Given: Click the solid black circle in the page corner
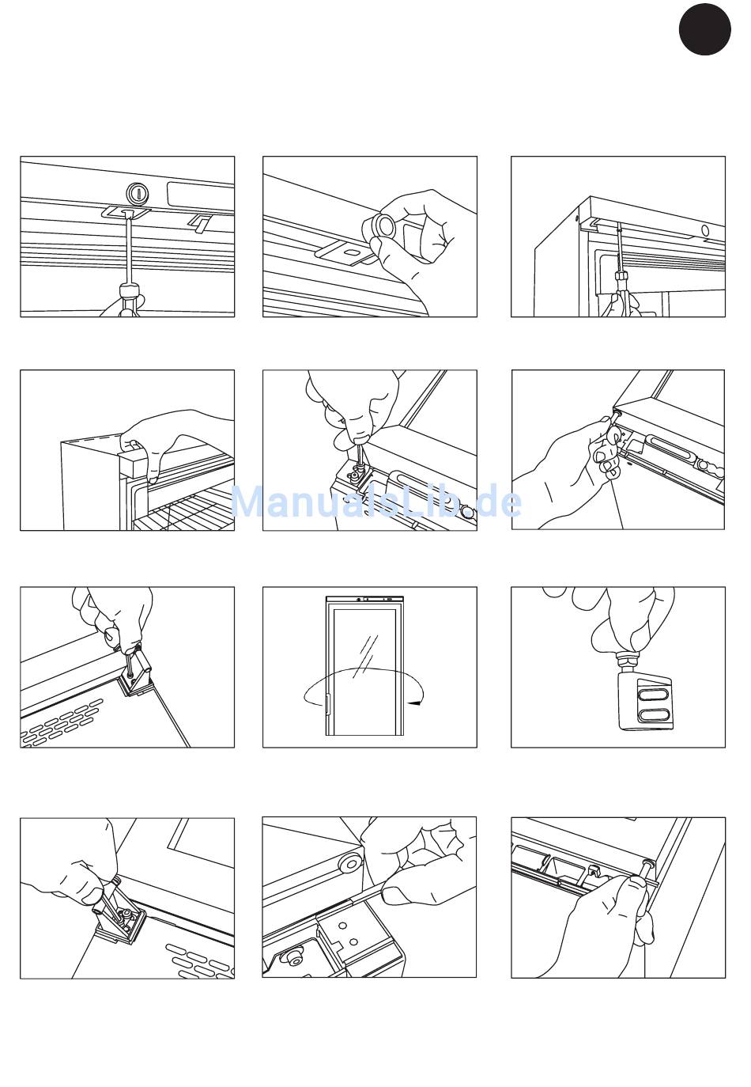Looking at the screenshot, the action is coord(704,29).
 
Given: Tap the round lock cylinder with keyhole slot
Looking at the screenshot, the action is coord(138,194).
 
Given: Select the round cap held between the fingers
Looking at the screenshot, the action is coord(379,226).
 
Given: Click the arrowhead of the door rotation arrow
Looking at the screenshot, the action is coord(414,703).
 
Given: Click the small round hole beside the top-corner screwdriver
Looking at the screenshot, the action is coord(705,230).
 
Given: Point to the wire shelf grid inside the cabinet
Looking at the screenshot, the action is coord(184,513).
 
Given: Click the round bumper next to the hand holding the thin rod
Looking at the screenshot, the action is coord(349,862).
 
